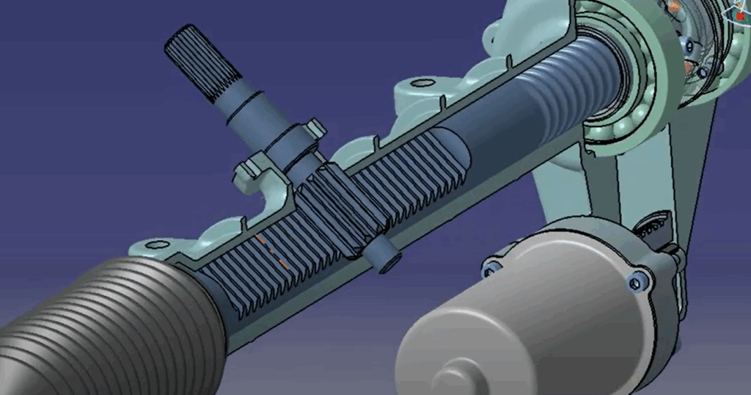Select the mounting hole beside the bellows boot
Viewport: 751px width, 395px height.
click(x=153, y=244)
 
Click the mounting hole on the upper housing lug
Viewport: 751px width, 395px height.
click(x=422, y=83)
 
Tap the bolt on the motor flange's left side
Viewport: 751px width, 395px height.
click(x=490, y=269)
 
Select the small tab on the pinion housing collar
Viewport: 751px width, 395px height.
click(x=317, y=128)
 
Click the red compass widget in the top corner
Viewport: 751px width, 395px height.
click(x=737, y=11)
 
